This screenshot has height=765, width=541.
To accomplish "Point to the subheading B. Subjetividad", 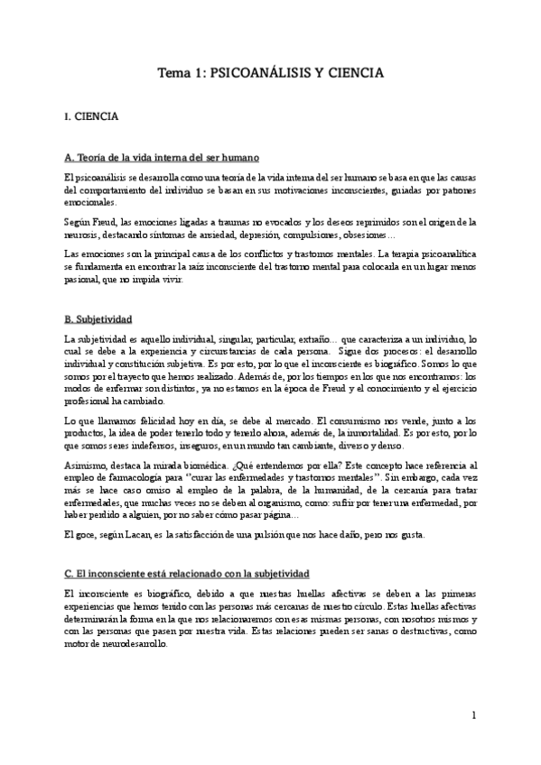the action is tap(98, 318).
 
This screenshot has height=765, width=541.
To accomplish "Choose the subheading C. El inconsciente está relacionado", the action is tap(187, 573).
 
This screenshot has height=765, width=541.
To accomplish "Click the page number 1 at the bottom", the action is tap(472, 715).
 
